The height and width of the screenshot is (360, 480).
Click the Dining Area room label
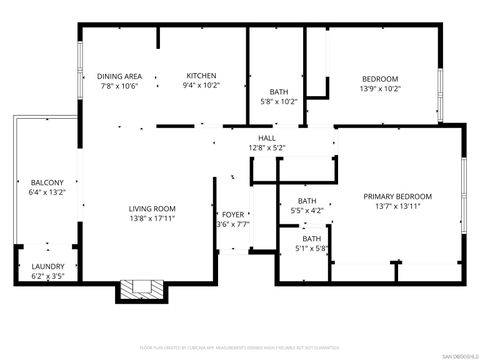pyautogui.click(x=119, y=76)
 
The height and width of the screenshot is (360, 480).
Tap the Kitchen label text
pyautogui.click(x=201, y=76)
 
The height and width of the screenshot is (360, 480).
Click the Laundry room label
pyautogui.click(x=48, y=265)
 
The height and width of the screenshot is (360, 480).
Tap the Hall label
pyautogui.click(x=267, y=138)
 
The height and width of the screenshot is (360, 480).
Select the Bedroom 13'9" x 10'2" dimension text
pyautogui.click(x=379, y=89)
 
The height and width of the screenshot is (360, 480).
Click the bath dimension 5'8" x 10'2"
pyautogui.click(x=279, y=101)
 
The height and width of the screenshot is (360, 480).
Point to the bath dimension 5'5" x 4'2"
pyautogui.click(x=307, y=210)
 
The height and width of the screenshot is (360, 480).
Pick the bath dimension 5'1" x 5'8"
pyautogui.click(x=312, y=248)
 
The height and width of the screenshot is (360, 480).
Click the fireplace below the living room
pyautogui.click(x=141, y=290)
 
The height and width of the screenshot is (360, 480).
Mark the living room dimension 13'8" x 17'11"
pyautogui.click(x=152, y=218)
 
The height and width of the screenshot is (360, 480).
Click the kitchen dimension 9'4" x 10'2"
pyautogui.click(x=201, y=86)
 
